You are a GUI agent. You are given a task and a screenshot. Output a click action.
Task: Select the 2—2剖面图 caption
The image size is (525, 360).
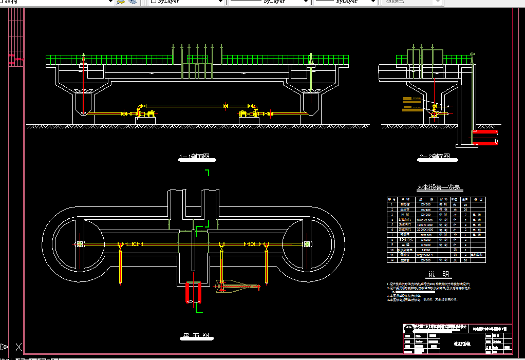[434, 157]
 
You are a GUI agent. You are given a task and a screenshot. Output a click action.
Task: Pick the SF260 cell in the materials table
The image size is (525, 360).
[425, 250]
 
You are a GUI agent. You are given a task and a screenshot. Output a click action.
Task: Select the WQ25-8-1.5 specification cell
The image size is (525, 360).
[425, 255]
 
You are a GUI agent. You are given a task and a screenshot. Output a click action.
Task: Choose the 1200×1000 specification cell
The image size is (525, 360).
[425, 224]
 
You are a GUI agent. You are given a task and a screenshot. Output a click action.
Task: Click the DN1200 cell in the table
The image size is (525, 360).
[425, 235]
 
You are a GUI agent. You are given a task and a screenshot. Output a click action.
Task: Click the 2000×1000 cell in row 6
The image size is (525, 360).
[425, 230]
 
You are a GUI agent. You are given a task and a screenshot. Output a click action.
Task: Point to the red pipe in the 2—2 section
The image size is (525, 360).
[484, 138]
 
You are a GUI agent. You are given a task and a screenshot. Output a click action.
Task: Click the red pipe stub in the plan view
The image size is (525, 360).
[194, 293]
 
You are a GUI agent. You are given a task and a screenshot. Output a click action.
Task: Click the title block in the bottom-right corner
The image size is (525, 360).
[457, 338]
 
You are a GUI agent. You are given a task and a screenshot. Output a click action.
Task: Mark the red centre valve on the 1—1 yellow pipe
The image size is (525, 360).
[226, 106]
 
